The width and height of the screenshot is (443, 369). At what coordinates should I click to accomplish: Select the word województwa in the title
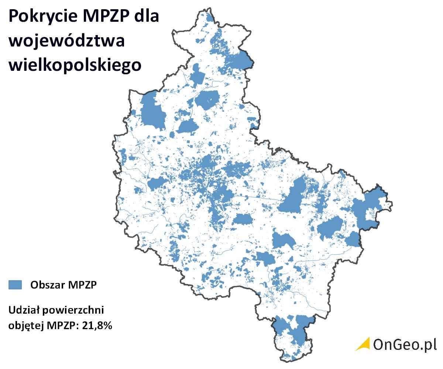[66, 41]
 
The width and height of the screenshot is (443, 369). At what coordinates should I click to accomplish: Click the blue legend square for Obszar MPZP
[15, 284]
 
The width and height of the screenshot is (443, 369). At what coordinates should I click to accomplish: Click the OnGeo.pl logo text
[405, 344]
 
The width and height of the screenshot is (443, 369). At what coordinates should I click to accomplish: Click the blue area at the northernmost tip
[210, 17]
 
